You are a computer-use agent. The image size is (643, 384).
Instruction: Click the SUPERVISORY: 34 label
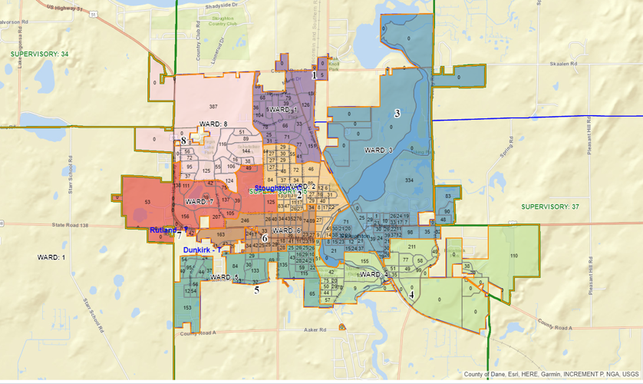(39, 54)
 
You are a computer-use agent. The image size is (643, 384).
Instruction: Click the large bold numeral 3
(397, 114)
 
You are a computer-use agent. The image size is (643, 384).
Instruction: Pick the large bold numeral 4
(412, 293)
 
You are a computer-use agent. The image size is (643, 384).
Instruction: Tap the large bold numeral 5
(257, 290)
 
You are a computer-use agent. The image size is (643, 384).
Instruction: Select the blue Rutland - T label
(169, 230)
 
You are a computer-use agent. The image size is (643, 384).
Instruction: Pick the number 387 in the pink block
(214, 105)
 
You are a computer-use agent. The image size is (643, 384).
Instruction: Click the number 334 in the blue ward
(409, 180)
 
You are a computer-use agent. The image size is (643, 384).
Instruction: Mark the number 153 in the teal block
(186, 307)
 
